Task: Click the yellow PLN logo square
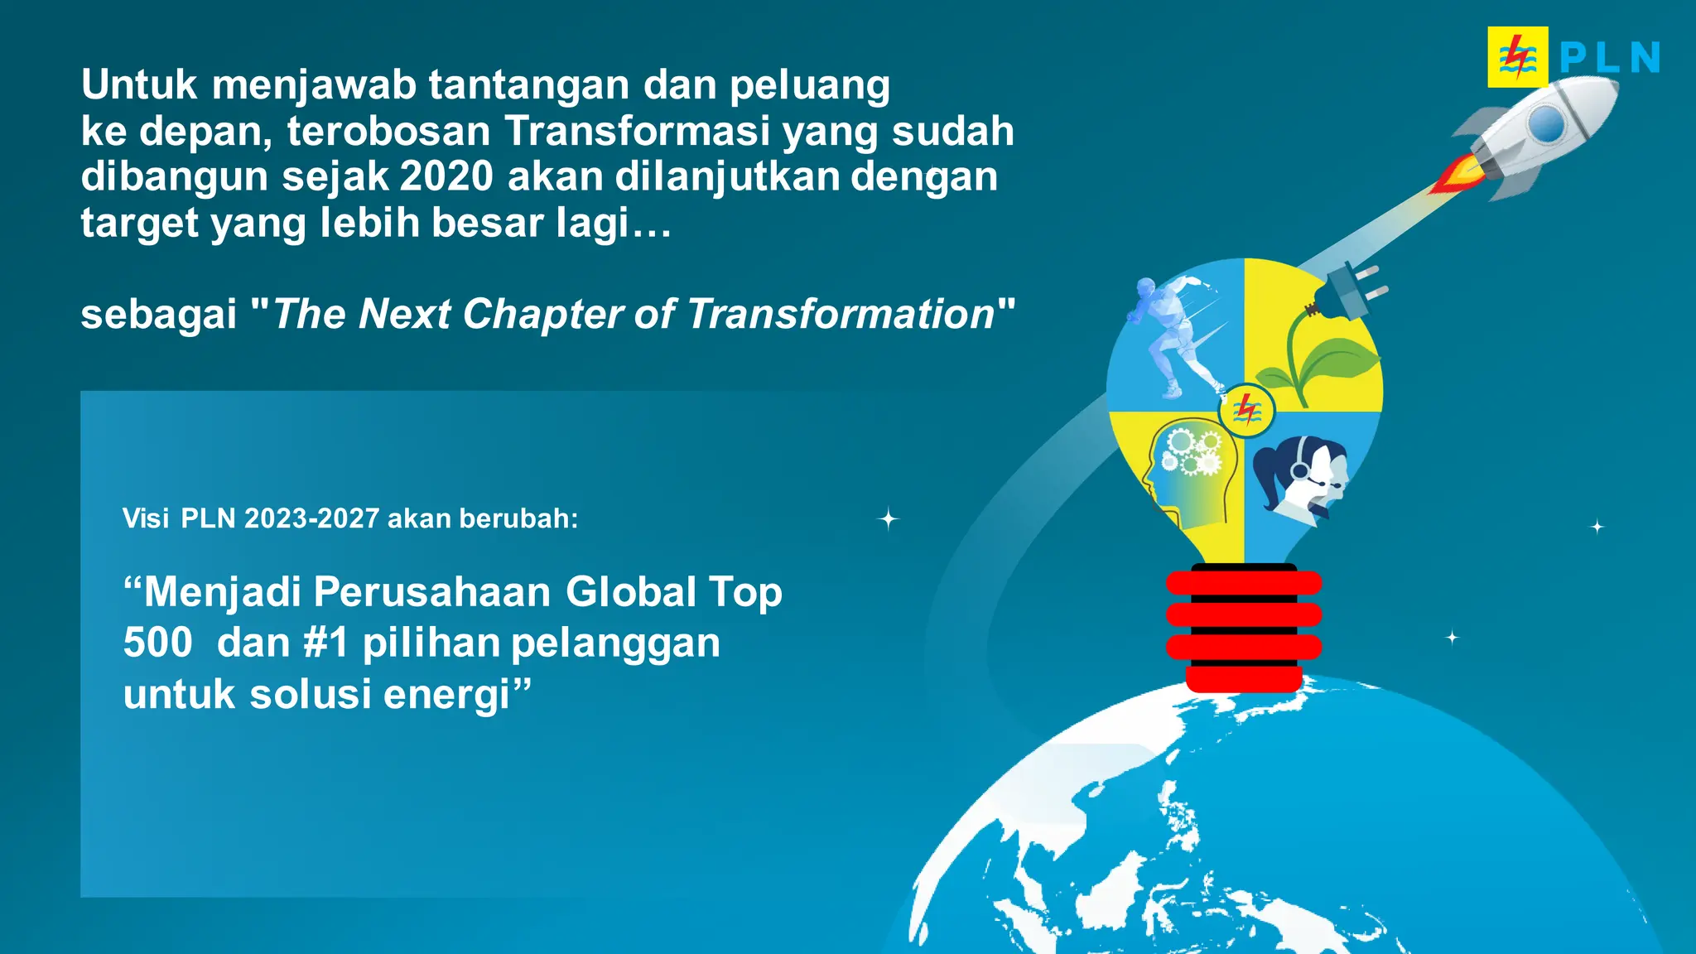pos(1517,57)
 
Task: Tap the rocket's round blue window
pos(1545,125)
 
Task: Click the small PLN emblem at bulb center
pos(1246,410)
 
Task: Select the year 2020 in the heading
pos(446,177)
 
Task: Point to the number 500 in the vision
pos(157,643)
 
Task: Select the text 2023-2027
pos(311,518)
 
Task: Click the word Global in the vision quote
pos(631,593)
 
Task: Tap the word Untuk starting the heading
pos(139,85)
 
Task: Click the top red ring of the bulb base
pos(1243,583)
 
